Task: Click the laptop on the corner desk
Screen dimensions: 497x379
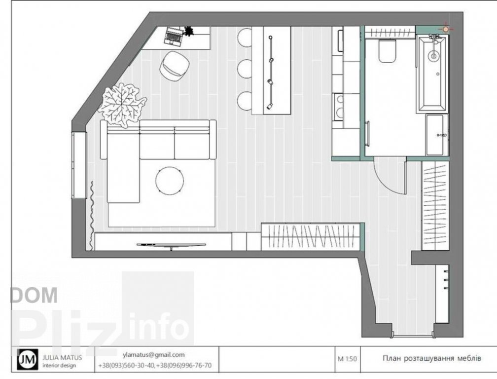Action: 173,36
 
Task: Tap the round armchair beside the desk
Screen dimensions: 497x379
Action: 175,64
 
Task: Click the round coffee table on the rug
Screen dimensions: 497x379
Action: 170,181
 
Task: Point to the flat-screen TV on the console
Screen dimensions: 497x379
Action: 171,245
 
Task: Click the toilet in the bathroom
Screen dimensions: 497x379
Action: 387,51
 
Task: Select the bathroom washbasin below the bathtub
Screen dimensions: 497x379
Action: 437,135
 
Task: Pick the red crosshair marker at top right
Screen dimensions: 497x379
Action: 446,29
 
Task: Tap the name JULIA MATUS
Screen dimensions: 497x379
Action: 62,357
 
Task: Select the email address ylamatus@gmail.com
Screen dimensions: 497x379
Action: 154,355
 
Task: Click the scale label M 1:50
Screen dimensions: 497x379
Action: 347,359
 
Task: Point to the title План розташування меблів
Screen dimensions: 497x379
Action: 432,358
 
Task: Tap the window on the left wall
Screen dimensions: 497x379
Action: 79,165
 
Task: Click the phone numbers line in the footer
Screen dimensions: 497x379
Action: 155,365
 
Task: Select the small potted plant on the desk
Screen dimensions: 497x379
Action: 188,31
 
